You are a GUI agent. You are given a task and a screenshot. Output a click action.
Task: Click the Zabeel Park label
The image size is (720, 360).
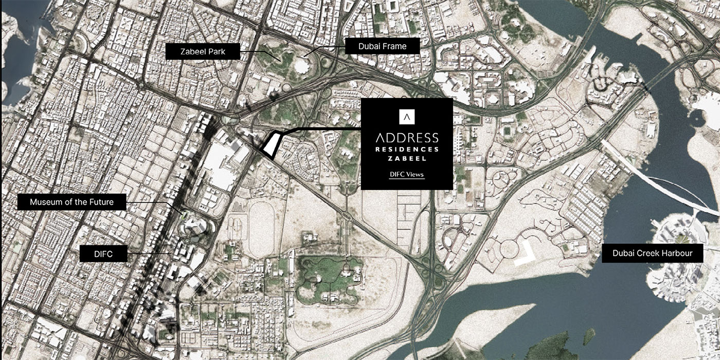tap(203, 51)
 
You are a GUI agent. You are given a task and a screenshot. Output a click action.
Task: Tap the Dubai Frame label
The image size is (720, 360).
tap(382, 46)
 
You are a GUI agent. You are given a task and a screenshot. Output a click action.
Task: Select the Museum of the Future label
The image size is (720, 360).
tap(71, 202)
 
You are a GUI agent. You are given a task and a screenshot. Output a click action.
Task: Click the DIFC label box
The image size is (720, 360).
tap(104, 253)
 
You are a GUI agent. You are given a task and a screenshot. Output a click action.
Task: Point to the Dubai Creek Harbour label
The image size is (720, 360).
tap(652, 253)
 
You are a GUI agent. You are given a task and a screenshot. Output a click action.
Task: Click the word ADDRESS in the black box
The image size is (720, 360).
tap(406, 138)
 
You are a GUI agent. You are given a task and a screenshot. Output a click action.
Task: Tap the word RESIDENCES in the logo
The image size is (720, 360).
tap(406, 149)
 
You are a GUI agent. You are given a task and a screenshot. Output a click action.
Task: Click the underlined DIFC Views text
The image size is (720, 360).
tap(406, 174)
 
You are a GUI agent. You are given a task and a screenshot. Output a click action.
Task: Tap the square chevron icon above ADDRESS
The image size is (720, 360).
tap(406, 116)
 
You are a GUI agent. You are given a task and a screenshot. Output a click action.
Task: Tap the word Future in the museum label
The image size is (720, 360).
tap(100, 202)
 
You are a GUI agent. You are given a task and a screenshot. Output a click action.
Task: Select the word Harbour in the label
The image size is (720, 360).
tap(677, 253)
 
